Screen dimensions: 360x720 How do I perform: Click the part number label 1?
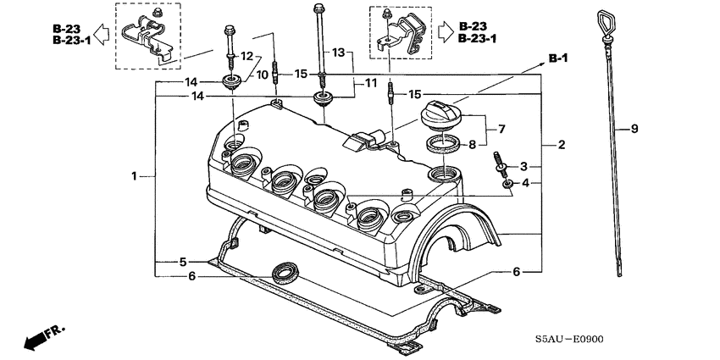[x=134, y=176]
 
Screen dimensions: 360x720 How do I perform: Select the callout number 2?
[x=561, y=146]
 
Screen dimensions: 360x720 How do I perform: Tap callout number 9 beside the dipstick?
[x=633, y=129]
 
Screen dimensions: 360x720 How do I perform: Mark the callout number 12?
[x=247, y=56]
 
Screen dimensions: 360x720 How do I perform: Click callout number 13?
[x=339, y=53]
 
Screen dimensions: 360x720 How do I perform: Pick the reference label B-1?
[x=557, y=58]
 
